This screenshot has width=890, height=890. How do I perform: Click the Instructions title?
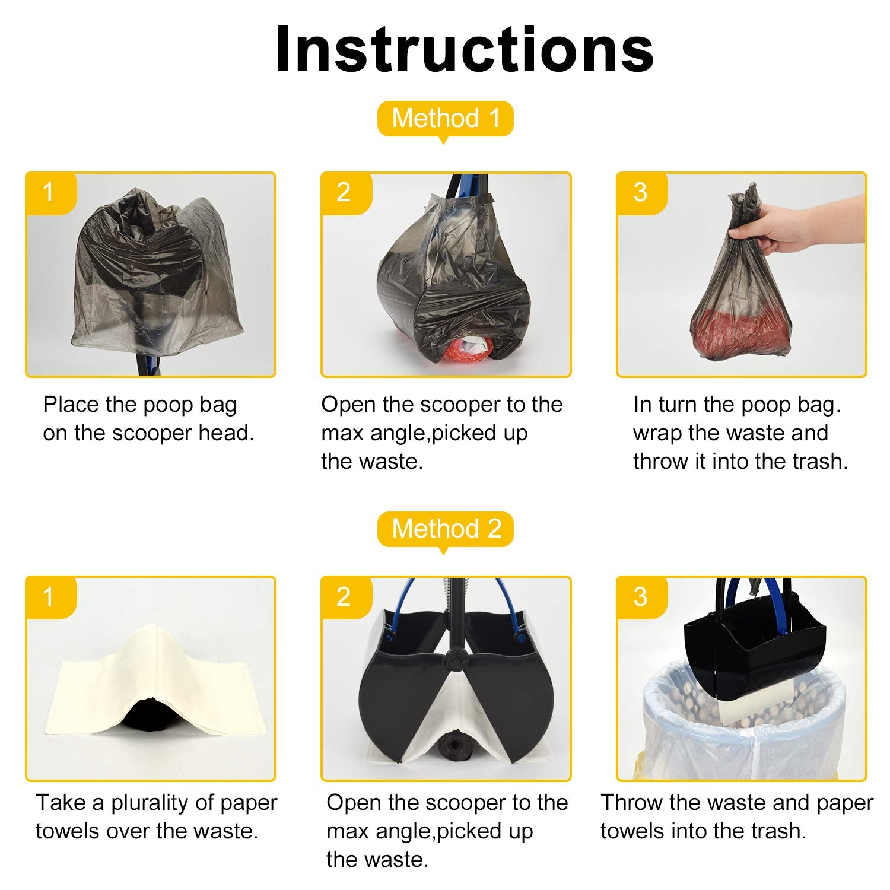click(x=465, y=49)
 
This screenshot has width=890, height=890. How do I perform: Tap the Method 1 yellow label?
click(x=446, y=119)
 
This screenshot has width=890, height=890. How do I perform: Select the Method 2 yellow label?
click(x=446, y=529)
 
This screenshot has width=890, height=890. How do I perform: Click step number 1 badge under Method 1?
click(x=50, y=192)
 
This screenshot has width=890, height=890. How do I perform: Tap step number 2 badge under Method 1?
click(x=345, y=192)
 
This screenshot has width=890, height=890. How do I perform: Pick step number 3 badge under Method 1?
click(x=641, y=192)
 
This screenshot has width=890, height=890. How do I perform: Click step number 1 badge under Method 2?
click(x=50, y=597)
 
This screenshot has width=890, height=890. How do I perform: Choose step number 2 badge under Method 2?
click(x=345, y=597)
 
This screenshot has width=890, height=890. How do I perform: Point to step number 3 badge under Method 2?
click(x=641, y=597)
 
